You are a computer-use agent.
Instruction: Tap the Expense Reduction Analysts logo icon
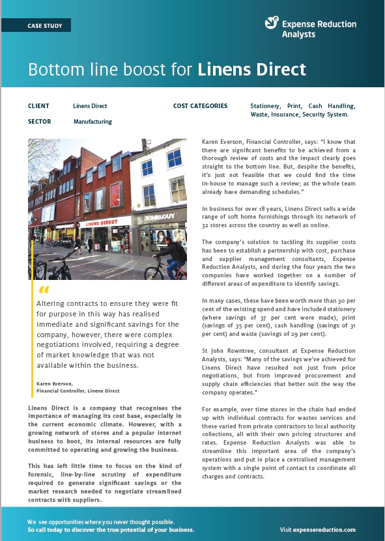[272, 23]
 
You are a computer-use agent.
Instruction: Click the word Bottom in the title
[53, 69]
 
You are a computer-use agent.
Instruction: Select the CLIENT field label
[38, 106]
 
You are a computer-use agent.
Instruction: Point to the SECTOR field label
[40, 122]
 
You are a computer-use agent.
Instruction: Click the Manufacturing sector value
[93, 122]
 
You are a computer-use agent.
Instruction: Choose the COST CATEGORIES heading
[201, 106]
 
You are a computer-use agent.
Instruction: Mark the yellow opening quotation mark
[44, 290]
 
